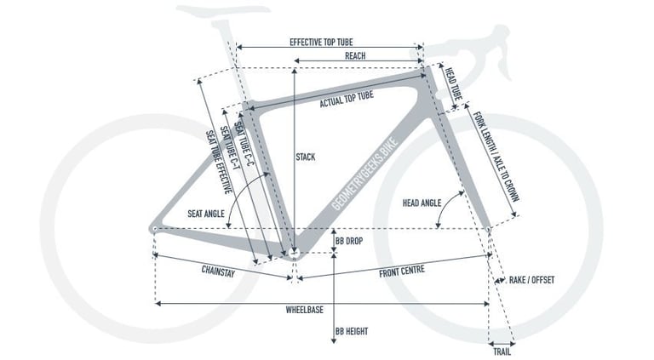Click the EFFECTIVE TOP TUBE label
pyautogui.click(x=321, y=42)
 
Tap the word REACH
pyautogui.click(x=355, y=56)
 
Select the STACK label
pyautogui.click(x=306, y=157)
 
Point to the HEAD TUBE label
pyautogui.click(x=453, y=83)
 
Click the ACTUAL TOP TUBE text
pyautogui.click(x=347, y=100)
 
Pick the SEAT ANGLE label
pyautogui.click(x=205, y=214)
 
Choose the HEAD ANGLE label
pyautogui.click(x=422, y=203)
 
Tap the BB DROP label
pyautogui.click(x=349, y=241)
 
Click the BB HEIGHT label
pyautogui.click(x=352, y=332)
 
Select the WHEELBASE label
pyautogui.click(x=305, y=310)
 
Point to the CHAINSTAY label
pyautogui.click(x=218, y=271)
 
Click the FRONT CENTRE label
pyautogui.click(x=402, y=271)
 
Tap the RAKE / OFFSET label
pyautogui.click(x=531, y=280)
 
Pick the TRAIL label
pyautogui.click(x=502, y=352)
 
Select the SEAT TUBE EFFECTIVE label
pyautogui.click(x=219, y=162)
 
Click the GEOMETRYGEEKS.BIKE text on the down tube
pyautogui.click(x=365, y=174)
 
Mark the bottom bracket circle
pyautogui.click(x=295, y=253)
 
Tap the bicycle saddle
pyautogui.click(x=223, y=11)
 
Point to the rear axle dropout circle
pyautogui.click(x=154, y=228)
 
